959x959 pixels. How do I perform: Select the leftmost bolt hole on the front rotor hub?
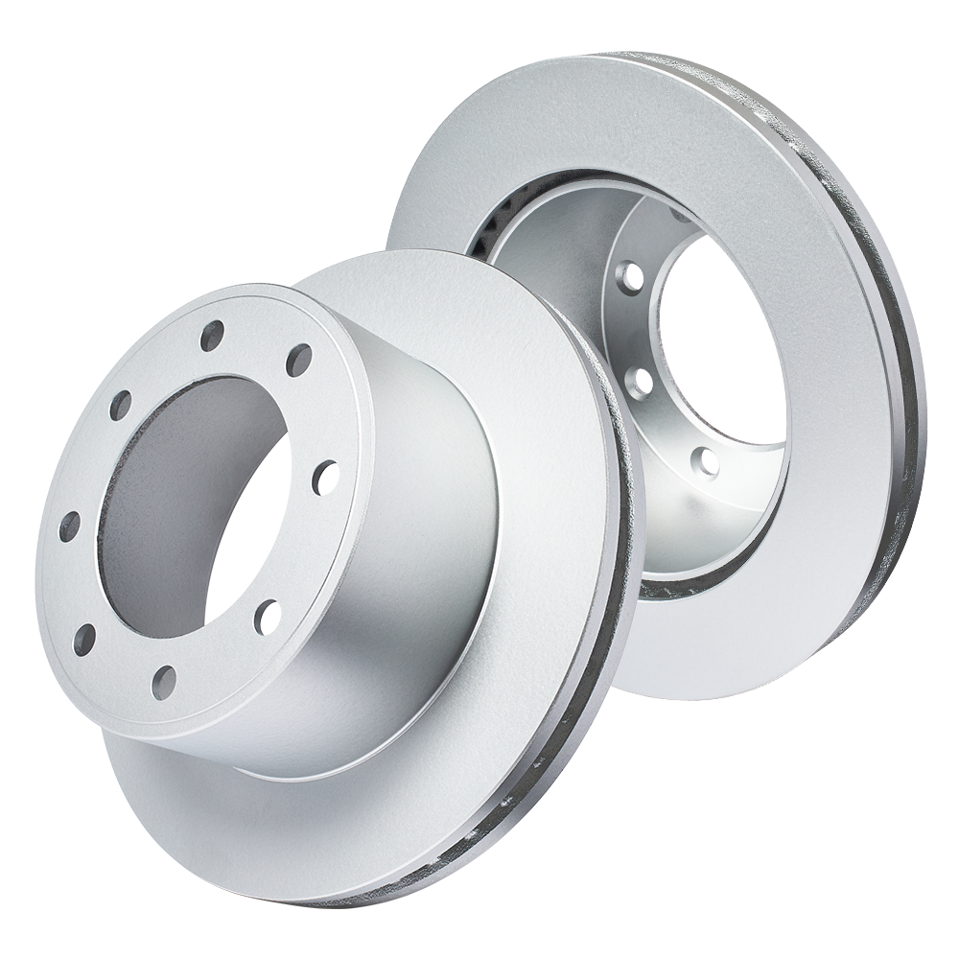[69, 526]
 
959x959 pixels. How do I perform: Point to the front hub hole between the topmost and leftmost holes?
[120, 406]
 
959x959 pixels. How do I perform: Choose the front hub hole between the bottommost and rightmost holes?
[268, 617]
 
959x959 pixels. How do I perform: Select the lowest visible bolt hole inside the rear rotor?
[708, 462]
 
